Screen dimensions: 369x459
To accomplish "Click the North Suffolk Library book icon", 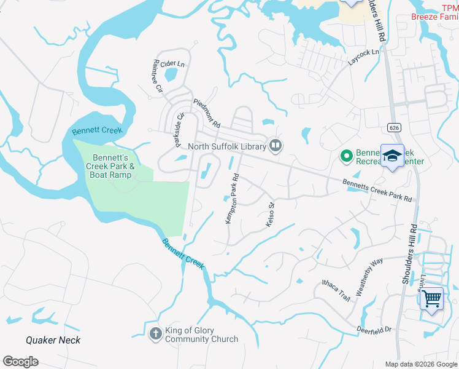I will [276, 146].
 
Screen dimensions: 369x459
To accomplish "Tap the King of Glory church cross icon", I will [156, 334].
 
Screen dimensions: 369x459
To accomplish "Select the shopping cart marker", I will [432, 300].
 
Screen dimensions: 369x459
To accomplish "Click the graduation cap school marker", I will [392, 156].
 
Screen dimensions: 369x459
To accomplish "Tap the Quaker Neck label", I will [53, 340].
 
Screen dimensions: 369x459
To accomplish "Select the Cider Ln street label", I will [172, 63].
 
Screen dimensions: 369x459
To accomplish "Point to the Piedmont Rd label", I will [207, 113].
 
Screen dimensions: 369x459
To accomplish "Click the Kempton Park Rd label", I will [232, 200].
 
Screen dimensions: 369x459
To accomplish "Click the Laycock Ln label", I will [364, 58].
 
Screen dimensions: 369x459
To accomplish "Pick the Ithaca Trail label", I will [336, 290].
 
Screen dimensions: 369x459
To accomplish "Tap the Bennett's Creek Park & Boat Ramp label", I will [114, 165].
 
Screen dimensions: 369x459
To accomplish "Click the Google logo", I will [20, 362].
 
